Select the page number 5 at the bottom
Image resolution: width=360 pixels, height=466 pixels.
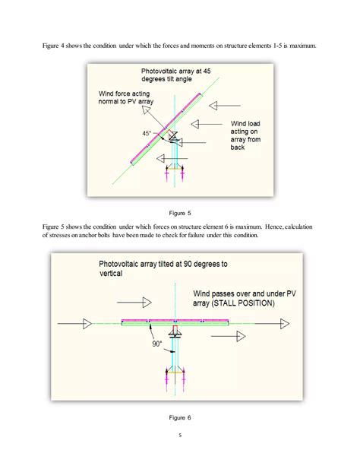pos(180,436)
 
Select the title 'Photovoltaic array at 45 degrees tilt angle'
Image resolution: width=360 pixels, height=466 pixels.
pos(177,74)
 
